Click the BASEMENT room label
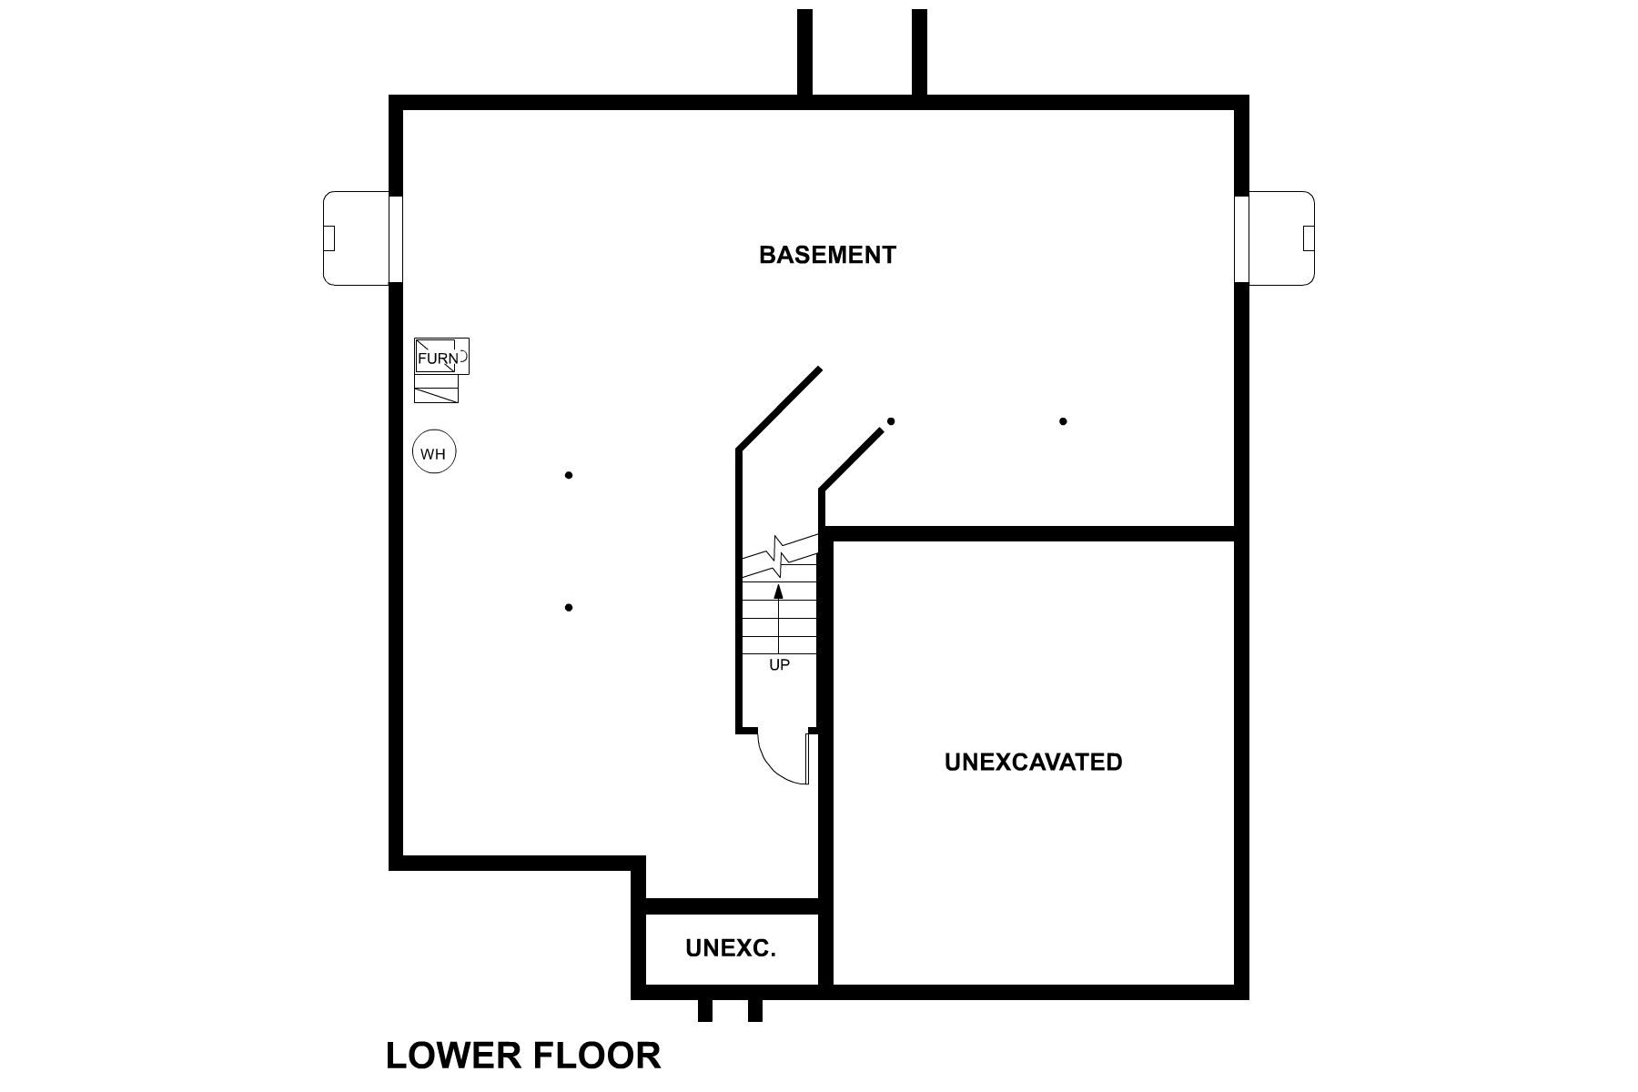coord(827,255)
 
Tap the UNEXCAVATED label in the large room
coord(1033,762)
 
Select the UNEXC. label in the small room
coord(731,949)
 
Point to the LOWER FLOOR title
coord(523,1056)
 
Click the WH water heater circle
coord(434,452)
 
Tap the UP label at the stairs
coord(779,665)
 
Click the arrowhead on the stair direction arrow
coord(778,591)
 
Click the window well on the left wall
coord(357,238)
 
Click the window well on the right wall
coord(1281,238)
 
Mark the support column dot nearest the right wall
coord(1063,421)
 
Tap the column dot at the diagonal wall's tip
coord(891,421)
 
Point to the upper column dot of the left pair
coord(569,475)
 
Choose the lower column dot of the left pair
coord(569,607)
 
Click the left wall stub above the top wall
coord(804,51)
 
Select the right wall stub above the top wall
coord(919,51)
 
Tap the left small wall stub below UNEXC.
coord(704,1010)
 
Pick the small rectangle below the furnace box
coord(436,389)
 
